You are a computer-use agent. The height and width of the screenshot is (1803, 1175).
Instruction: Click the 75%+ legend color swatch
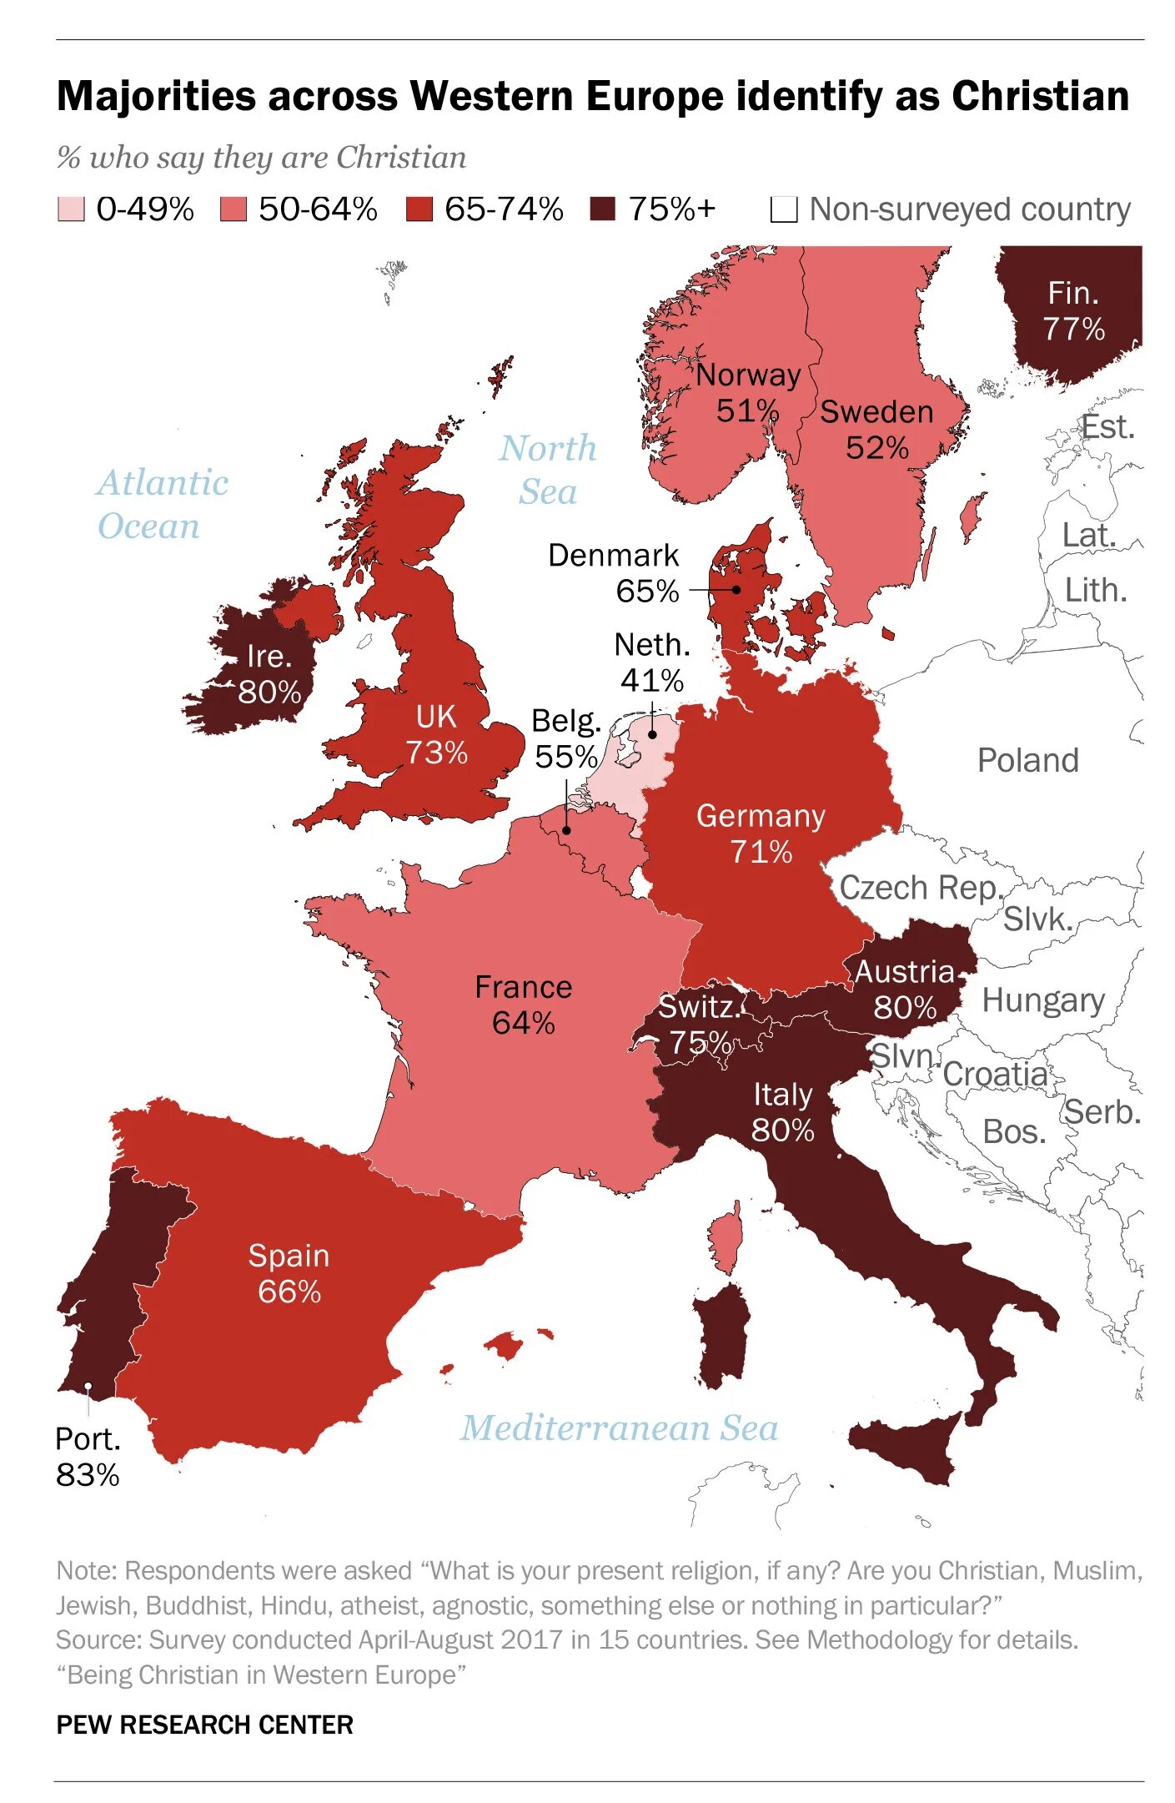(602, 209)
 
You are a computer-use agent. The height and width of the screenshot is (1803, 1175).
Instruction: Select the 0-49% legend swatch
(71, 209)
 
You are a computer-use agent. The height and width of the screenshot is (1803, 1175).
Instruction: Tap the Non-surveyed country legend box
(783, 209)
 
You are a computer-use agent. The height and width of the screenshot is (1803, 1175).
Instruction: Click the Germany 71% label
(760, 834)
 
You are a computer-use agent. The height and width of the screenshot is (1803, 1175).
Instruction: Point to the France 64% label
(523, 1005)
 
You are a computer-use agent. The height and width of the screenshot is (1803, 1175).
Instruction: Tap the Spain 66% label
(289, 1273)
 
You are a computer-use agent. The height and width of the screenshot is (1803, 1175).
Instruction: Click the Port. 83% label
(88, 1457)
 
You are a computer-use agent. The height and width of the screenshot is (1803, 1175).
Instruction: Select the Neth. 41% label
(652, 662)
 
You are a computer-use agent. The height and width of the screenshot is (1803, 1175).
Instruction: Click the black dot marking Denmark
(736, 590)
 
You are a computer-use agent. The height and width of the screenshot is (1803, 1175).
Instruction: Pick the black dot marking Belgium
(566, 830)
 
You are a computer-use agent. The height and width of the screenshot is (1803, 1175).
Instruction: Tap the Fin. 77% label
(1073, 310)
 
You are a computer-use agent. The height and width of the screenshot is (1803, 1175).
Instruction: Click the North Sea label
(548, 470)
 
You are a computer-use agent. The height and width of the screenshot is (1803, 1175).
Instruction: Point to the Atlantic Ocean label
(162, 504)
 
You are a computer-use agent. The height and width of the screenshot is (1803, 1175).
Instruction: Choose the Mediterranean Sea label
(619, 1428)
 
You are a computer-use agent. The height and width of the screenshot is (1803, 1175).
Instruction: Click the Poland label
(1027, 760)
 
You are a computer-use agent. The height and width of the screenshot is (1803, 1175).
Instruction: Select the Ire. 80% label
(269, 674)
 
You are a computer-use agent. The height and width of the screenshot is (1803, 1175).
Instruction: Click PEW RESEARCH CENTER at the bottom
(204, 1725)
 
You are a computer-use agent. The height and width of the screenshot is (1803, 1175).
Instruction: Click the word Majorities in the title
(156, 96)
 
